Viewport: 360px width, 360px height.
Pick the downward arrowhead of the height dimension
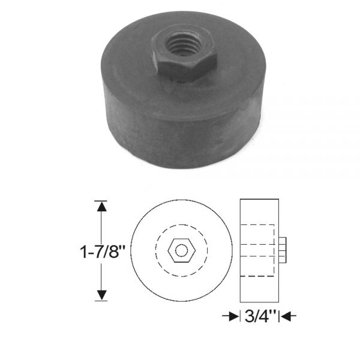102,294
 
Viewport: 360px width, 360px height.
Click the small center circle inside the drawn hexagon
181,250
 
